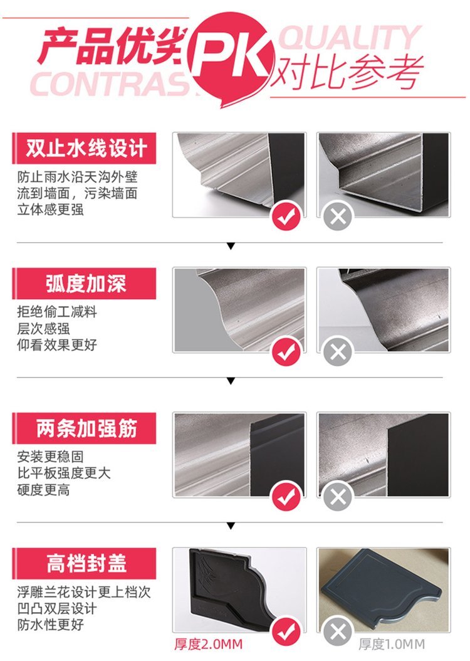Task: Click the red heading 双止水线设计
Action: [84, 149]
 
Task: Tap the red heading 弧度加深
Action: [84, 283]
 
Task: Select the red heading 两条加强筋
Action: [84, 428]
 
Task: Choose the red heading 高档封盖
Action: [84, 564]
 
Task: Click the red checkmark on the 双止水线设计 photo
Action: [286, 216]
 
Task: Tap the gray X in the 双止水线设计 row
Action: [338, 216]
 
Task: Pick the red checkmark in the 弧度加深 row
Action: [286, 351]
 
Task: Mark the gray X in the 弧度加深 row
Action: [338, 351]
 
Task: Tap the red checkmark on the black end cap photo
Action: [286, 631]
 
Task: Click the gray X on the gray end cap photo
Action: [338, 631]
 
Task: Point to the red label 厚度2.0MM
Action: [209, 644]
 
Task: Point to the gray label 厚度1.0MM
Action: [392, 644]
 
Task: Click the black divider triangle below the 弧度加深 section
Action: [231, 381]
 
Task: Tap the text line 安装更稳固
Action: [50, 456]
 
